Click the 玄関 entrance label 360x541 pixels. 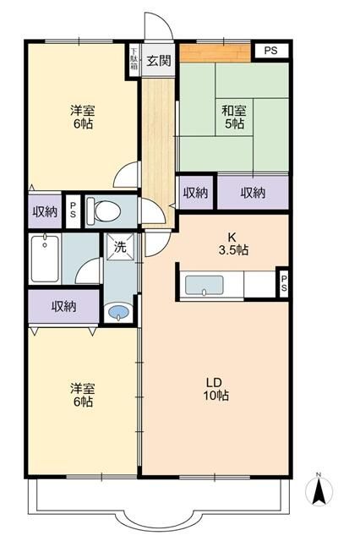coord(159,60)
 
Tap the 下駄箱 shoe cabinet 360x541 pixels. coord(134,60)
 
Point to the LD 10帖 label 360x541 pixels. coord(216,389)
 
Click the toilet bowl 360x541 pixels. coord(106,210)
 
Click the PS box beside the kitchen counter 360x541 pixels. coord(283,283)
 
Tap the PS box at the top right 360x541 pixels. coord(270,51)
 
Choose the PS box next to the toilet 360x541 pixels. coord(74,210)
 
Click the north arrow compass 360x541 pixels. coord(319,489)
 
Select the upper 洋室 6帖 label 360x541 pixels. coord(81,116)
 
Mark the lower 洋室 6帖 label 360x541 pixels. coord(81,395)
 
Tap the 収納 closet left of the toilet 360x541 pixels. coord(45,210)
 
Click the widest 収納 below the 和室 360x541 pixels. coord(253,193)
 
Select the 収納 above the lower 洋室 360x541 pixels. coord(63,306)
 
